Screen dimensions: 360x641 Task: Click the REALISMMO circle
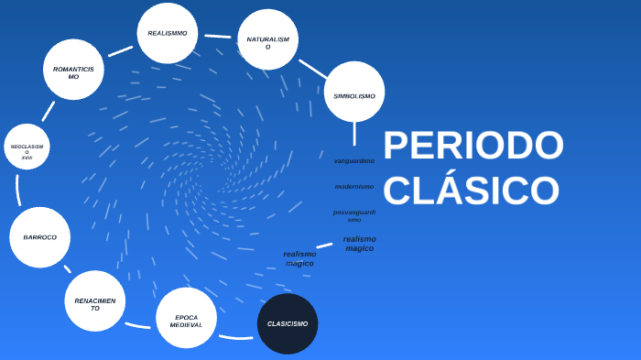(168, 33)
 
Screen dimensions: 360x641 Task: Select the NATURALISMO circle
(267, 40)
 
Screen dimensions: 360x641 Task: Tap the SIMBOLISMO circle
(354, 93)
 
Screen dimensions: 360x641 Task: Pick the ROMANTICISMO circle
(73, 70)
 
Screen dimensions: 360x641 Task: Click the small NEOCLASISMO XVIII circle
(27, 147)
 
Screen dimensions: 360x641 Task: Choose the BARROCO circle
(39, 237)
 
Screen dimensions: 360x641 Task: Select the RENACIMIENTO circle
(95, 301)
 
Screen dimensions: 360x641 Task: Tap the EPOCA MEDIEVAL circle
(186, 319)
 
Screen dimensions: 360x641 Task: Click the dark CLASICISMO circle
(288, 323)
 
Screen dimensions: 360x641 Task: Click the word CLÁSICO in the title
(471, 191)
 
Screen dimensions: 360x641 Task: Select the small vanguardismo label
(353, 161)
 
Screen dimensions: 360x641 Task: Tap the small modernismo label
(353, 187)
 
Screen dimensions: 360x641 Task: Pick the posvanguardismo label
(353, 215)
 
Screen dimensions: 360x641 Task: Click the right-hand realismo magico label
(359, 244)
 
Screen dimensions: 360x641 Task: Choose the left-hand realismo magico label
(299, 258)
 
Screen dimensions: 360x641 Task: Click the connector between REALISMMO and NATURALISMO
(218, 37)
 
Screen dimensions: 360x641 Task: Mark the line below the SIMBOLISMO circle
(354, 134)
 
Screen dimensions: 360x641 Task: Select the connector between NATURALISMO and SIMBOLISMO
(312, 69)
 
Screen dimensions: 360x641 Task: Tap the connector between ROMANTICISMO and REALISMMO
(120, 51)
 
